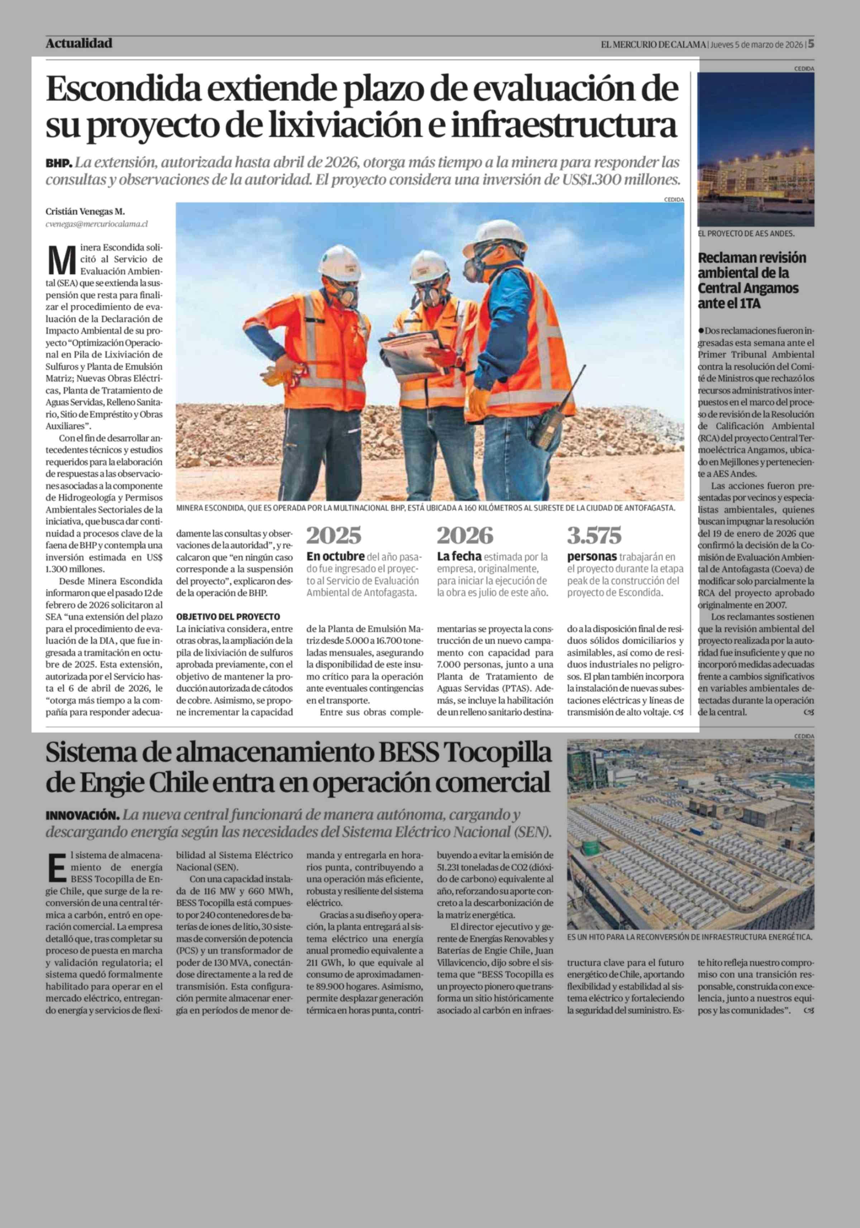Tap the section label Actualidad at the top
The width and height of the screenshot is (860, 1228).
pyautogui.click(x=79, y=43)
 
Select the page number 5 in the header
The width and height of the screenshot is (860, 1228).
pyautogui.click(x=811, y=43)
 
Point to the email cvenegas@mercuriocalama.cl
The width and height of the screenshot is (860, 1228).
pyautogui.click(x=96, y=224)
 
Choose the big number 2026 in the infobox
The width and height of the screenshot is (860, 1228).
pyautogui.click(x=464, y=535)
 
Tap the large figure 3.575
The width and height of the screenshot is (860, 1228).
pyautogui.click(x=594, y=535)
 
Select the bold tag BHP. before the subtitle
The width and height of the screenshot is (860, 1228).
pyautogui.click(x=58, y=163)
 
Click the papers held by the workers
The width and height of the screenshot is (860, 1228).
pyautogui.click(x=412, y=353)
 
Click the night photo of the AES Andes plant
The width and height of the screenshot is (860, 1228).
pyautogui.click(x=755, y=150)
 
